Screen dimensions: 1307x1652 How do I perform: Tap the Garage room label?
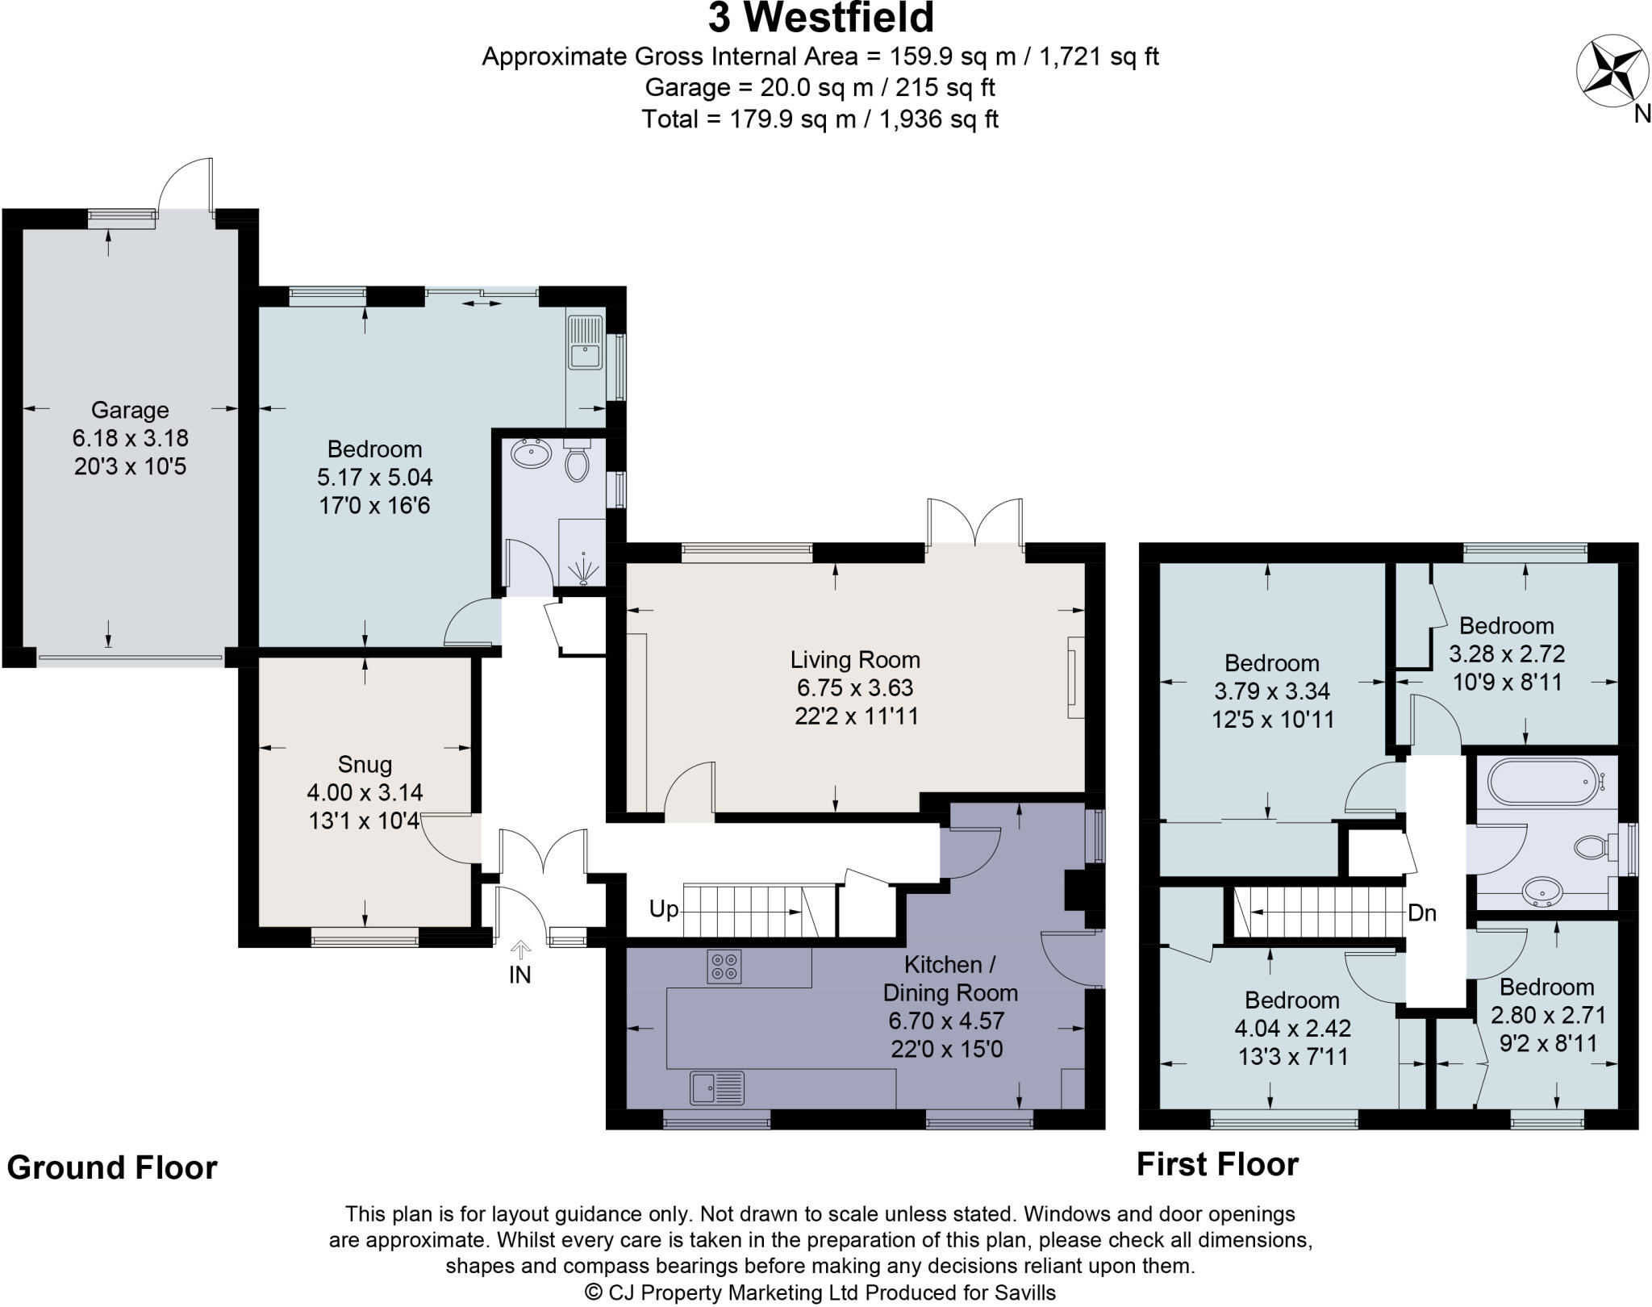pyautogui.click(x=129, y=410)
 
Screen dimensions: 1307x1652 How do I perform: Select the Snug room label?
pyautogui.click(x=365, y=764)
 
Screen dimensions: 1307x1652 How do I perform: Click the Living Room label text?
pyautogui.click(x=855, y=660)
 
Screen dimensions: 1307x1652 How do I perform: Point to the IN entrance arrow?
pyautogui.click(x=520, y=950)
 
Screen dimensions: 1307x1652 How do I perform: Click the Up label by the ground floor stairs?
pyautogui.click(x=663, y=909)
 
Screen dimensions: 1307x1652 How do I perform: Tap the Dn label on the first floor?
pyautogui.click(x=1422, y=912)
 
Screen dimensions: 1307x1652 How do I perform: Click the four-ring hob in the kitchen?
pyautogui.click(x=724, y=966)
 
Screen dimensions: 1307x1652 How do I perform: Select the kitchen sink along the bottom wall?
pyautogui.click(x=716, y=1087)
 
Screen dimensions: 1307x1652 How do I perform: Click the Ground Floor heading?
pyautogui.click(x=112, y=1167)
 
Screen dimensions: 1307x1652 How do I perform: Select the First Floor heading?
pyautogui.click(x=1217, y=1164)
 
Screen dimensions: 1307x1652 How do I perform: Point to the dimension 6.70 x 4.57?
pyautogui.click(x=946, y=1021)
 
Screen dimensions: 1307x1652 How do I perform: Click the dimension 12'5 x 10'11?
pyautogui.click(x=1272, y=719)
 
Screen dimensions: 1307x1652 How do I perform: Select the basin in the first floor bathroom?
pyautogui.click(x=1543, y=892)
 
